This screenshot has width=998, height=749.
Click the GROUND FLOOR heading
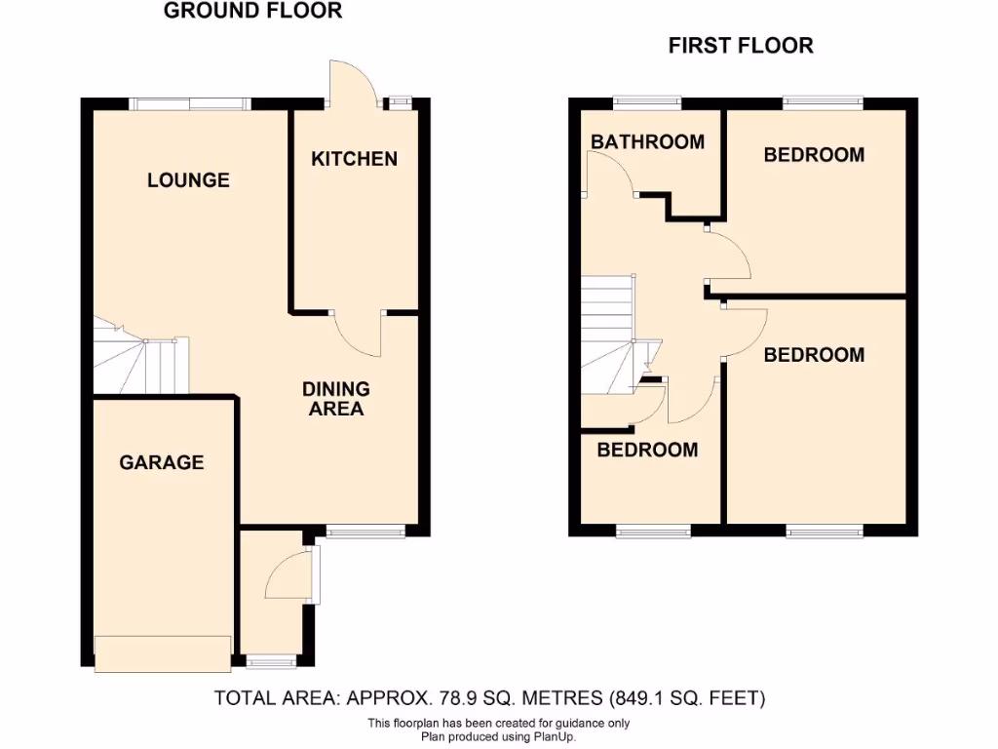click(252, 12)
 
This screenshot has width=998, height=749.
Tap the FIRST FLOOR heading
click(740, 46)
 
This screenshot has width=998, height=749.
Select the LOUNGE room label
click(188, 180)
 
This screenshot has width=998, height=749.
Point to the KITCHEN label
click(354, 159)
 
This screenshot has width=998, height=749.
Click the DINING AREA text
click(336, 399)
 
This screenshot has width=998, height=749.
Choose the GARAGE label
click(162, 462)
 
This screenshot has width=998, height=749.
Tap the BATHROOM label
click(647, 142)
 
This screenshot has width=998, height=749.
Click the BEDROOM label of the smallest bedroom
click(647, 450)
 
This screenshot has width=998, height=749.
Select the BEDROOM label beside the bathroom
click(814, 155)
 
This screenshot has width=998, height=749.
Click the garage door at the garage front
click(163, 652)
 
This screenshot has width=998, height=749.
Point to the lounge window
click(190, 103)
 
